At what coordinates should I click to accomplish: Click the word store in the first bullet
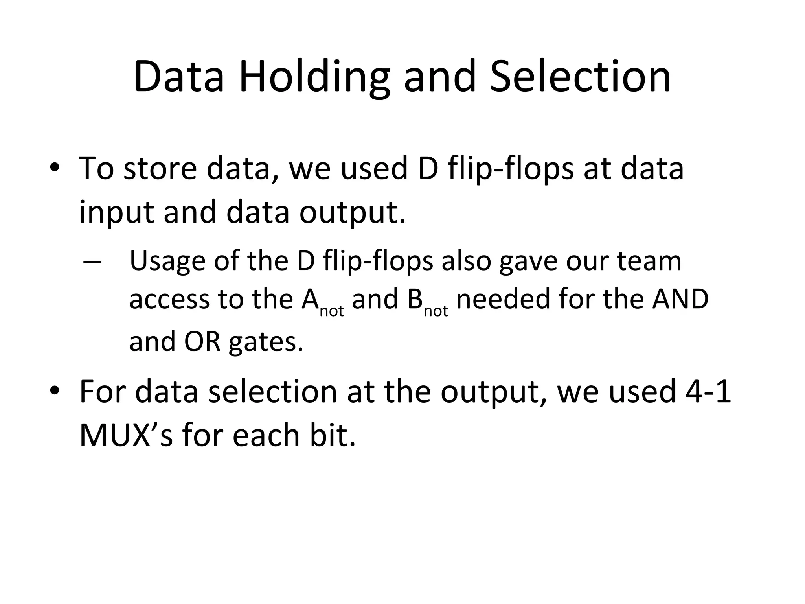(160, 168)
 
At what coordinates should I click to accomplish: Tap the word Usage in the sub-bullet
(167, 262)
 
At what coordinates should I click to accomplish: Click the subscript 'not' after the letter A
(332, 311)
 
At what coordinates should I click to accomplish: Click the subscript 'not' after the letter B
(436, 311)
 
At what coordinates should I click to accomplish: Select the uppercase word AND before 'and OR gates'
(680, 300)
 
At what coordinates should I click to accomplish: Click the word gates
(266, 342)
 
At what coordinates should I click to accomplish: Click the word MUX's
(126, 435)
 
